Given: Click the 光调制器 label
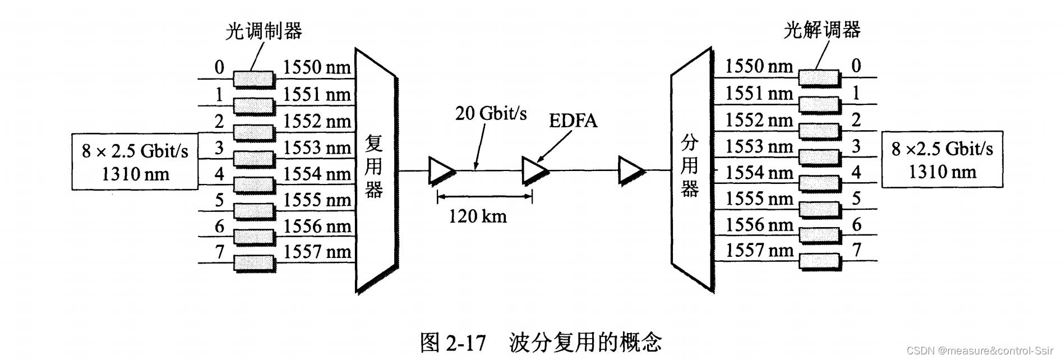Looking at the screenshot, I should pos(264,31).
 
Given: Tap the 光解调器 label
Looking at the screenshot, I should pos(821,30).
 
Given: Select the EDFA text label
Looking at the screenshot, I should pos(572,121).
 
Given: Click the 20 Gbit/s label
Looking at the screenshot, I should pos(491,114).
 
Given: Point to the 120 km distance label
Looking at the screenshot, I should pos(477,216).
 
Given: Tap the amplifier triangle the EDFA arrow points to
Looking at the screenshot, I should pos(534,170).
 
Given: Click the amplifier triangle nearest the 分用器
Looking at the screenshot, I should pos(631,170).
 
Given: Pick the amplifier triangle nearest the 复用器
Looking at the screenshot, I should pos(441,170).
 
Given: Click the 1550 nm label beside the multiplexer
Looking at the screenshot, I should pos(317,68).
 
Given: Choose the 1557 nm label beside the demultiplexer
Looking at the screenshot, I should pos(759,250).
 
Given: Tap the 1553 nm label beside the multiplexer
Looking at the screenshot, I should pos(317,147).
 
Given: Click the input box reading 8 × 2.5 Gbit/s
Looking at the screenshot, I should pos(135,161).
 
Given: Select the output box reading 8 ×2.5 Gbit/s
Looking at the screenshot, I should pos(942,159).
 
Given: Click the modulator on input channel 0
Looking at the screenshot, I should pos(254,80).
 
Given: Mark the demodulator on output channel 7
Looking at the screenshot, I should pos(820,262).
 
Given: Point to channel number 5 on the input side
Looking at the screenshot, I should pos(219,200).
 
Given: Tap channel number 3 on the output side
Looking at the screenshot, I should pos(856,146).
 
